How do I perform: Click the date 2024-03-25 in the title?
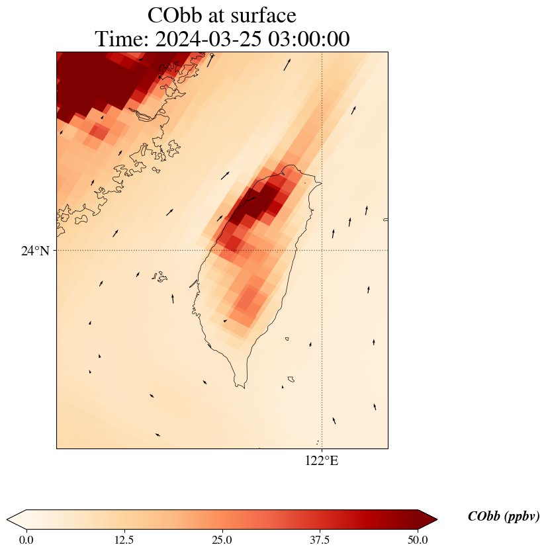tap(209, 39)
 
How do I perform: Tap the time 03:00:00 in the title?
tap(310, 39)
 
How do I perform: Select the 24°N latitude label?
tap(35, 251)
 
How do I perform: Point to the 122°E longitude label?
tap(322, 461)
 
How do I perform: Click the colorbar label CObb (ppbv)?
tap(503, 517)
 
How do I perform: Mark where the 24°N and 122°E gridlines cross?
tap(322, 251)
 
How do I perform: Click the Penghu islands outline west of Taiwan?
tap(159, 276)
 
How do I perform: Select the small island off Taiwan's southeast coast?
tap(287, 339)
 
